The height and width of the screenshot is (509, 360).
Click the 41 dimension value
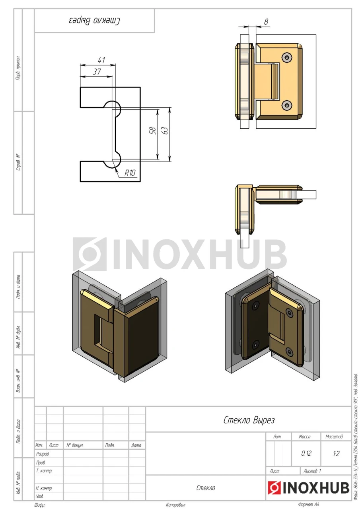coord(101,60)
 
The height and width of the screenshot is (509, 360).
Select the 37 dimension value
coord(97,72)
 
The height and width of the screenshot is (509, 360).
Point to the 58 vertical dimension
coord(153,130)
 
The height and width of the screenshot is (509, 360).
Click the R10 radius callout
coord(130,173)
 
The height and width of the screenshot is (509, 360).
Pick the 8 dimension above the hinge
coord(266,21)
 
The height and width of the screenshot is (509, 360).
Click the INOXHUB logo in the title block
coord(308,488)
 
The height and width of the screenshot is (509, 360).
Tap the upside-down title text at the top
coord(94,21)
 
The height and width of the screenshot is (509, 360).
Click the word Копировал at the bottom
coord(175,505)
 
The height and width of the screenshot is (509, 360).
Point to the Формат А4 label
coord(309,504)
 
